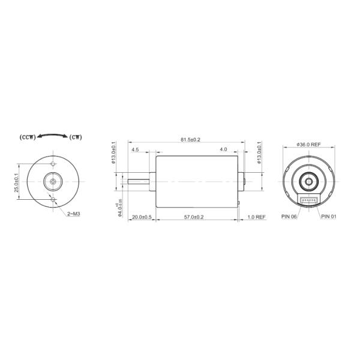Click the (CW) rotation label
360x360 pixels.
[76, 137]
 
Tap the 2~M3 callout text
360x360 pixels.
[74, 213]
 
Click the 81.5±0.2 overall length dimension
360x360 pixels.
[190, 140]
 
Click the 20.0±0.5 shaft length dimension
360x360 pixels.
[142, 217]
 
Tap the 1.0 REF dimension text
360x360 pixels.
[256, 217]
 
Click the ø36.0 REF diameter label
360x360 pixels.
[308, 144]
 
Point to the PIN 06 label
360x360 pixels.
[289, 216]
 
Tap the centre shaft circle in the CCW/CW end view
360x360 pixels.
[53, 180]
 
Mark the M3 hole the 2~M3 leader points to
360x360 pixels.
[53, 197]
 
